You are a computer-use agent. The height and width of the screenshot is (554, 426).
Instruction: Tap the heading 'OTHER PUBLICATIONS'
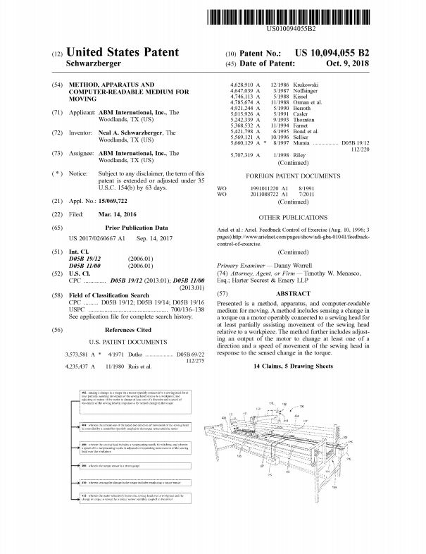tap(294, 218)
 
